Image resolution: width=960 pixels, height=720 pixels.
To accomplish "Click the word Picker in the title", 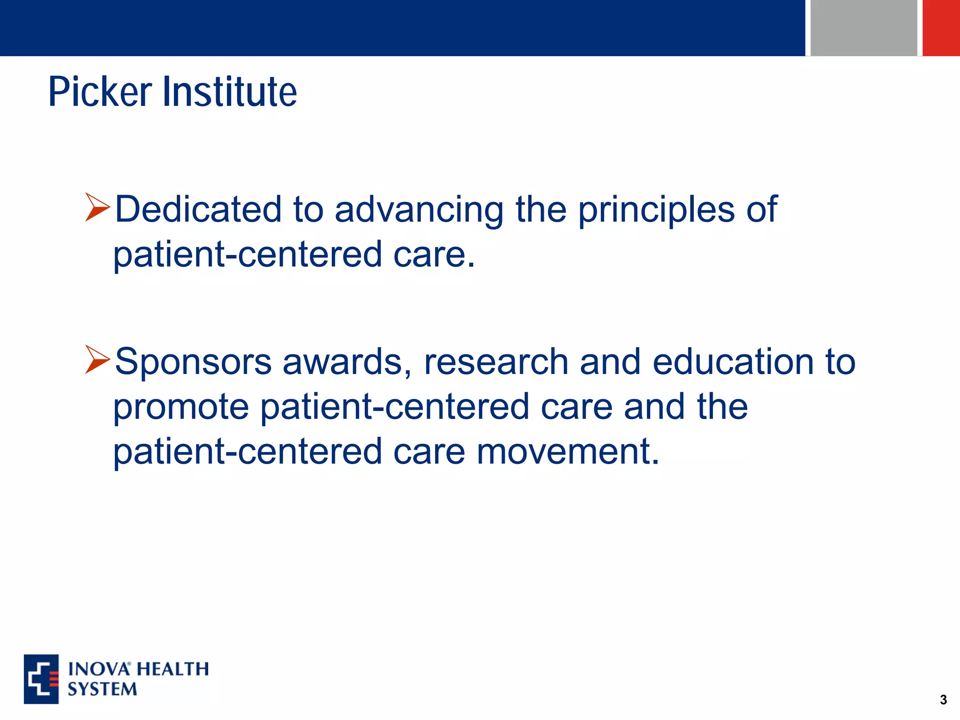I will click(x=100, y=92).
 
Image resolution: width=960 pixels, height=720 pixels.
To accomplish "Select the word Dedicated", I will click(x=198, y=209).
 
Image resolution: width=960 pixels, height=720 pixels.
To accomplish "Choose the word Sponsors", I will click(x=193, y=362).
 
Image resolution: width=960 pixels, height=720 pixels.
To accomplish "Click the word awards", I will click(x=347, y=362).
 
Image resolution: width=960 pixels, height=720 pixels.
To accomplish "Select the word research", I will click(x=496, y=362).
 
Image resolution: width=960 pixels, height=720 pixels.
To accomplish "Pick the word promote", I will click(x=181, y=407).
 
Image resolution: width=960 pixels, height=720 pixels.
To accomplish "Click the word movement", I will click(x=568, y=451).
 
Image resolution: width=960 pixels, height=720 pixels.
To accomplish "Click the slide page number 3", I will click(x=943, y=700).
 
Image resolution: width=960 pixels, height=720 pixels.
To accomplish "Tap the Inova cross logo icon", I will click(x=41, y=679).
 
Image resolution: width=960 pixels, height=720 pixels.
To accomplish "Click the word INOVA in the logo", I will click(x=98, y=669).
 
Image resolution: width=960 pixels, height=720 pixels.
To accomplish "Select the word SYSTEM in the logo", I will click(x=102, y=689).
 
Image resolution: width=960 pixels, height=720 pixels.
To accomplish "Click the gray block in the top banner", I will click(x=863, y=28).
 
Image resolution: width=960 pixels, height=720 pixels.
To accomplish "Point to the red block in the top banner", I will click(x=941, y=28).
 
